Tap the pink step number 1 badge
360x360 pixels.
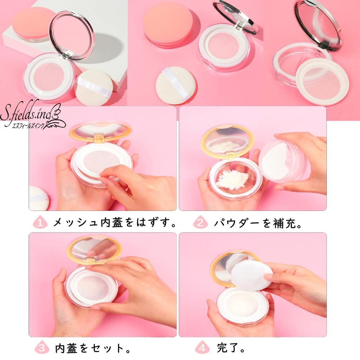click(x=40, y=222)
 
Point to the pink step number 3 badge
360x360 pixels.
click(x=41, y=348)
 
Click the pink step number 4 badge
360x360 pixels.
click(x=202, y=348)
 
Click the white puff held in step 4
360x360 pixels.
click(x=251, y=275)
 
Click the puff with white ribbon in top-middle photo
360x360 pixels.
click(x=175, y=85)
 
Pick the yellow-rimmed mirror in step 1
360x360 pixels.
click(x=100, y=131)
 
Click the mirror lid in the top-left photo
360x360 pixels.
click(x=72, y=35)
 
